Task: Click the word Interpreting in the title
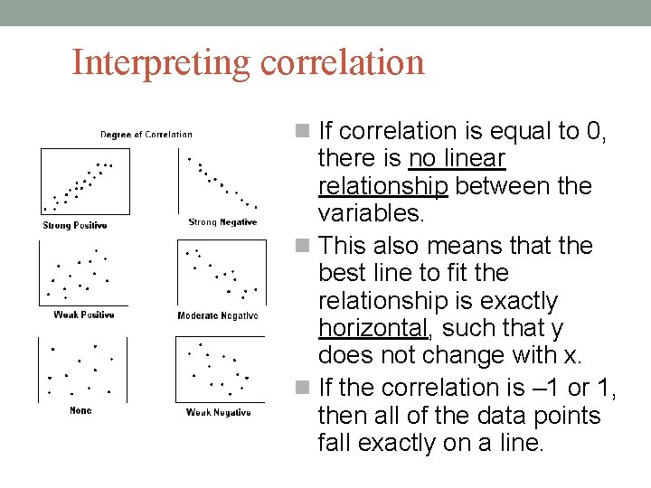click(161, 63)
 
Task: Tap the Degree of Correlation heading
click(146, 135)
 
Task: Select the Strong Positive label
click(74, 225)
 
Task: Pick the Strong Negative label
click(222, 222)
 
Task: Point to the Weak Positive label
click(84, 314)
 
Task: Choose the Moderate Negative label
click(218, 315)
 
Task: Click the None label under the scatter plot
click(80, 410)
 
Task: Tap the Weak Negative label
click(218, 412)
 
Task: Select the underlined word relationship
click(383, 187)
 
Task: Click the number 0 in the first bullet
click(594, 131)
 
